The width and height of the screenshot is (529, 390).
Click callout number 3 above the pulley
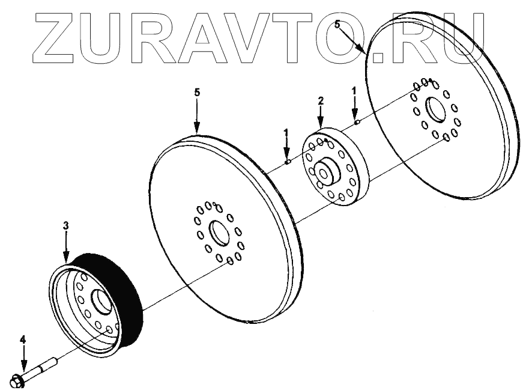[66, 226]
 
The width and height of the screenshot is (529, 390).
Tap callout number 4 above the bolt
[23, 340]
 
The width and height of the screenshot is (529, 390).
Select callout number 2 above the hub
[321, 100]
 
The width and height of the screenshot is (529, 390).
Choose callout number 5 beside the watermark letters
[337, 25]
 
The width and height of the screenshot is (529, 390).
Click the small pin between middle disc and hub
[288, 161]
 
